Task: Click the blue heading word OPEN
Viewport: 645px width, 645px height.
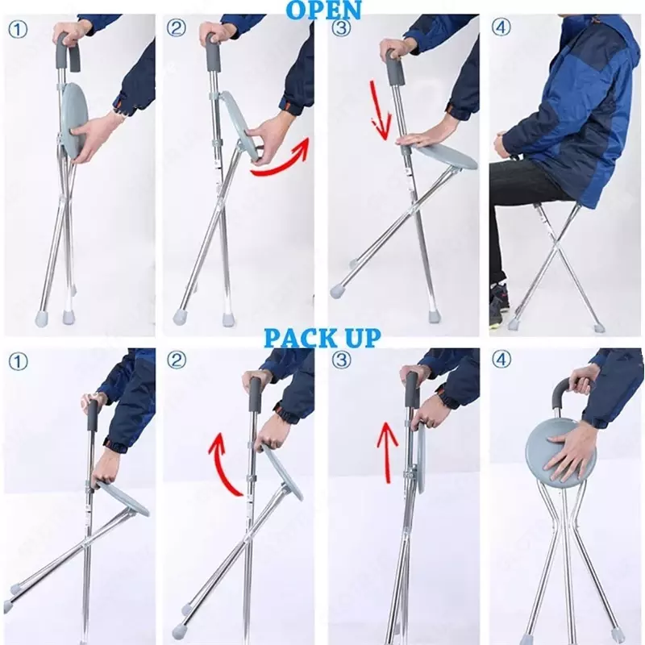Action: (x=323, y=10)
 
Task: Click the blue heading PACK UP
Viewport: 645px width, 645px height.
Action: (x=322, y=339)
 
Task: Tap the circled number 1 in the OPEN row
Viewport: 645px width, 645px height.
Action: (x=17, y=30)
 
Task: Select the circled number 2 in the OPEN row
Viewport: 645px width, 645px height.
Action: (x=176, y=28)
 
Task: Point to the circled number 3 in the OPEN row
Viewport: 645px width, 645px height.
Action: (x=341, y=28)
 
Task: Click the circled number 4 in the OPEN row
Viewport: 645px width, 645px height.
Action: (x=501, y=28)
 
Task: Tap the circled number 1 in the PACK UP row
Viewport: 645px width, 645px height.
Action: (x=18, y=362)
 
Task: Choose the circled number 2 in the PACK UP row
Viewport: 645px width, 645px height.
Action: (x=177, y=360)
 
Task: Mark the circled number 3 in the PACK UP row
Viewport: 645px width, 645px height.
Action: (x=341, y=360)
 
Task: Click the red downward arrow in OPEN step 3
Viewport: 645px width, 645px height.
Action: (x=380, y=110)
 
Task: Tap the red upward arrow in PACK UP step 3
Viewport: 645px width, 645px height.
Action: (x=387, y=452)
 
